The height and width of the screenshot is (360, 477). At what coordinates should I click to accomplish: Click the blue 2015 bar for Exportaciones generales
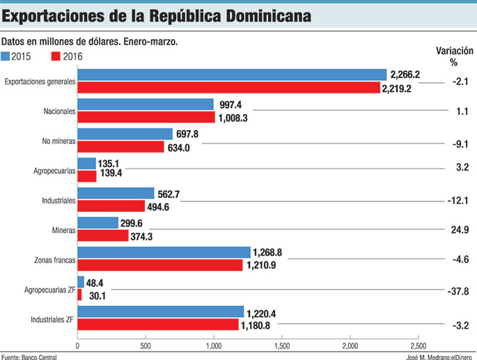231,75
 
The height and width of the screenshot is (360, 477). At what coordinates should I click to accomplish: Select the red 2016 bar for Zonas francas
159,265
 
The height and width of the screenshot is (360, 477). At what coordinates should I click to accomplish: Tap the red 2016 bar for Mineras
102,236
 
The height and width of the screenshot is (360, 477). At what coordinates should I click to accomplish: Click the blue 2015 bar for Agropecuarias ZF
80,282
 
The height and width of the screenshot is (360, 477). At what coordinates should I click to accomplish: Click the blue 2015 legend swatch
6,56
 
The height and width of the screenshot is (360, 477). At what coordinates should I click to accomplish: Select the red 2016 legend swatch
56,56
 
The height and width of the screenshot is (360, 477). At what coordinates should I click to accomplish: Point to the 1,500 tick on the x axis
281,346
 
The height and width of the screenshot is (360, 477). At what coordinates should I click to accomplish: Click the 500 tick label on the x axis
145,346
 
